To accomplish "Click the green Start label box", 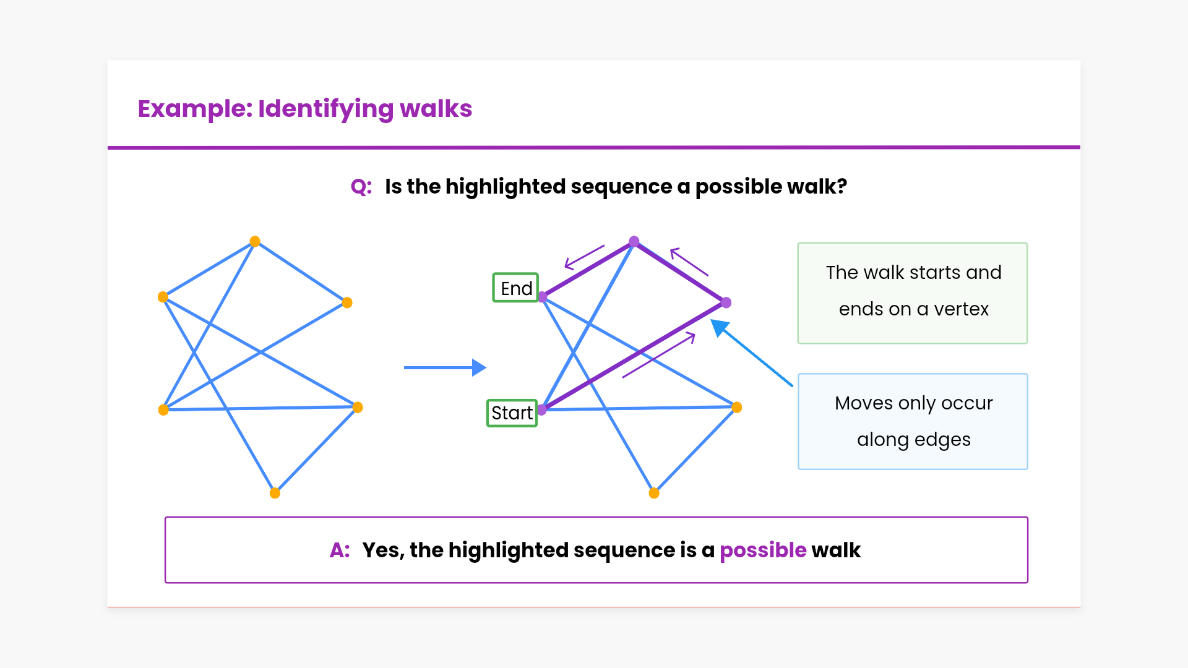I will [x=512, y=413].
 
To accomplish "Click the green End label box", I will [x=515, y=288].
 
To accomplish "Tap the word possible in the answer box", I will [x=763, y=550].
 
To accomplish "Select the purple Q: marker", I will [x=361, y=186].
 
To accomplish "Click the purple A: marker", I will [x=340, y=550].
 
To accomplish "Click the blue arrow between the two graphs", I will [x=445, y=367].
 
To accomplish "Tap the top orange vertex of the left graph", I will [x=255, y=241].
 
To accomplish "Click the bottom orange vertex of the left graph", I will [x=275, y=493].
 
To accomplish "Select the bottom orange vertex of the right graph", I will [x=654, y=493].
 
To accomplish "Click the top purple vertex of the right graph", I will [x=634, y=241].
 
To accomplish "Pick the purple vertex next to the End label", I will [x=543, y=298].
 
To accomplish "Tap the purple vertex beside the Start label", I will [x=542, y=409].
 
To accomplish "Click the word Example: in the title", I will [x=195, y=108].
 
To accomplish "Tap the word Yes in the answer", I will [x=382, y=550].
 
